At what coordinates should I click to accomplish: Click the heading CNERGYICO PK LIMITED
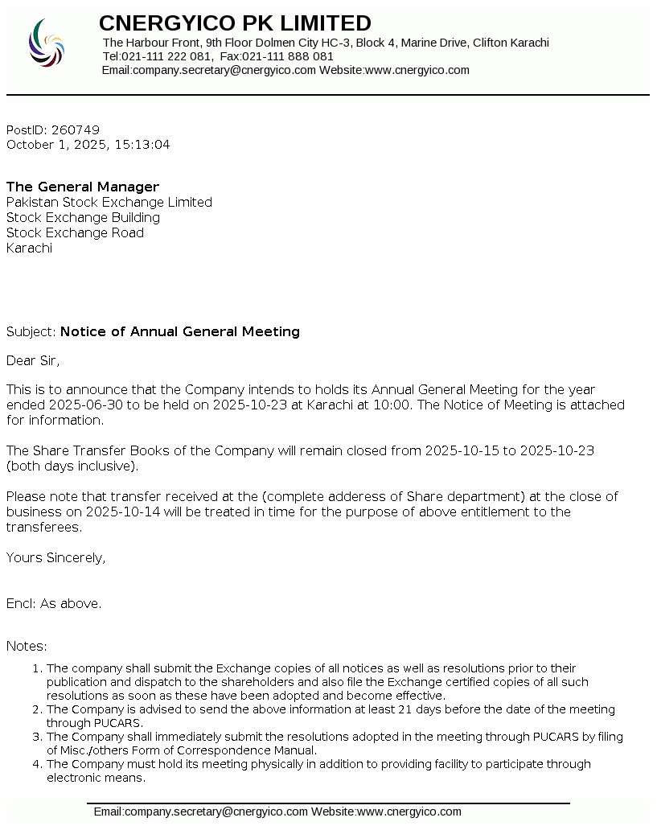pyautogui.click(x=235, y=23)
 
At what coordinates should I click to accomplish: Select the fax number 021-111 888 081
pyautogui.click(x=288, y=56)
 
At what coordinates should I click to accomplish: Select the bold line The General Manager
pyautogui.click(x=83, y=187)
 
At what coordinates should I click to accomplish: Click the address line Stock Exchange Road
pyautogui.click(x=75, y=233)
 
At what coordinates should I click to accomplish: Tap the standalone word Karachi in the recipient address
pyautogui.click(x=29, y=249)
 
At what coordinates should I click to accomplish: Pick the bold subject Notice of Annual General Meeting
pyautogui.click(x=180, y=332)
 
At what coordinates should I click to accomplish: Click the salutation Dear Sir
pyautogui.click(x=33, y=361)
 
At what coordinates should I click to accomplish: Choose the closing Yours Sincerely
pyautogui.click(x=55, y=558)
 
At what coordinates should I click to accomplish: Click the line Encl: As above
pyautogui.click(x=54, y=604)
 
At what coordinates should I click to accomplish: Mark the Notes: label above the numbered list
pyautogui.click(x=27, y=647)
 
